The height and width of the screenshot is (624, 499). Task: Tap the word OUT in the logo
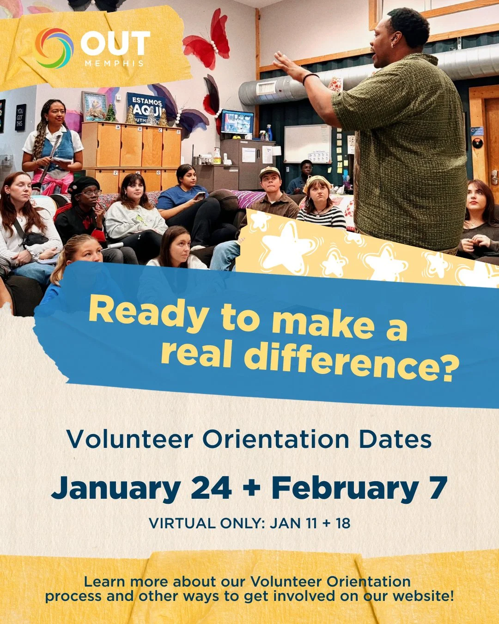point(115,44)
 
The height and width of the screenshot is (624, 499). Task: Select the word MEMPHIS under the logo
point(114,63)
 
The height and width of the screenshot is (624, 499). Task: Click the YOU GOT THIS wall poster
point(20,117)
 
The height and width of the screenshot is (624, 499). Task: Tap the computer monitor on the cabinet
point(237,122)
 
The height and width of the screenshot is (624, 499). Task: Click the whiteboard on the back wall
point(307,143)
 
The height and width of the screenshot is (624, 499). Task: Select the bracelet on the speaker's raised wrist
point(310,77)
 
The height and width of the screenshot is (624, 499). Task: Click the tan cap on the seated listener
point(270,172)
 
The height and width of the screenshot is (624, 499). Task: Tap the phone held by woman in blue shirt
point(200,196)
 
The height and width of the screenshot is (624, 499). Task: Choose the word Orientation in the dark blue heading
point(275,440)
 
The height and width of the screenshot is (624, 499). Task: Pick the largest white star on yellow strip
point(287,244)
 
